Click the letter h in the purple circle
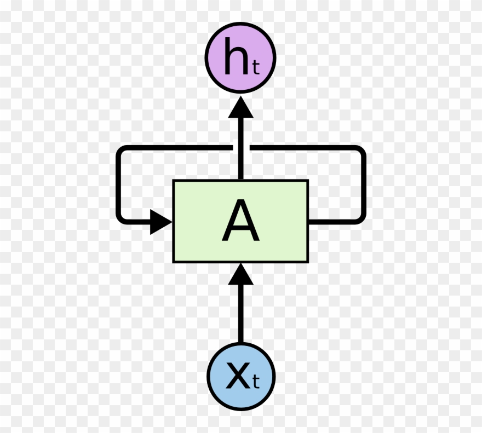point(236,56)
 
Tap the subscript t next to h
point(256,68)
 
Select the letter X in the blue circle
point(238,375)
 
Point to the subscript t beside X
point(256,382)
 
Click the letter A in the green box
point(240,220)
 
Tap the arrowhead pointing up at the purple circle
point(240,107)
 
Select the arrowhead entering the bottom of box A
point(240,274)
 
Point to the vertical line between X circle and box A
point(240,314)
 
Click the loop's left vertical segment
point(118,184)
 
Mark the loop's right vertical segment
point(364,184)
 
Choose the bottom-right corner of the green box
point(308,263)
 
